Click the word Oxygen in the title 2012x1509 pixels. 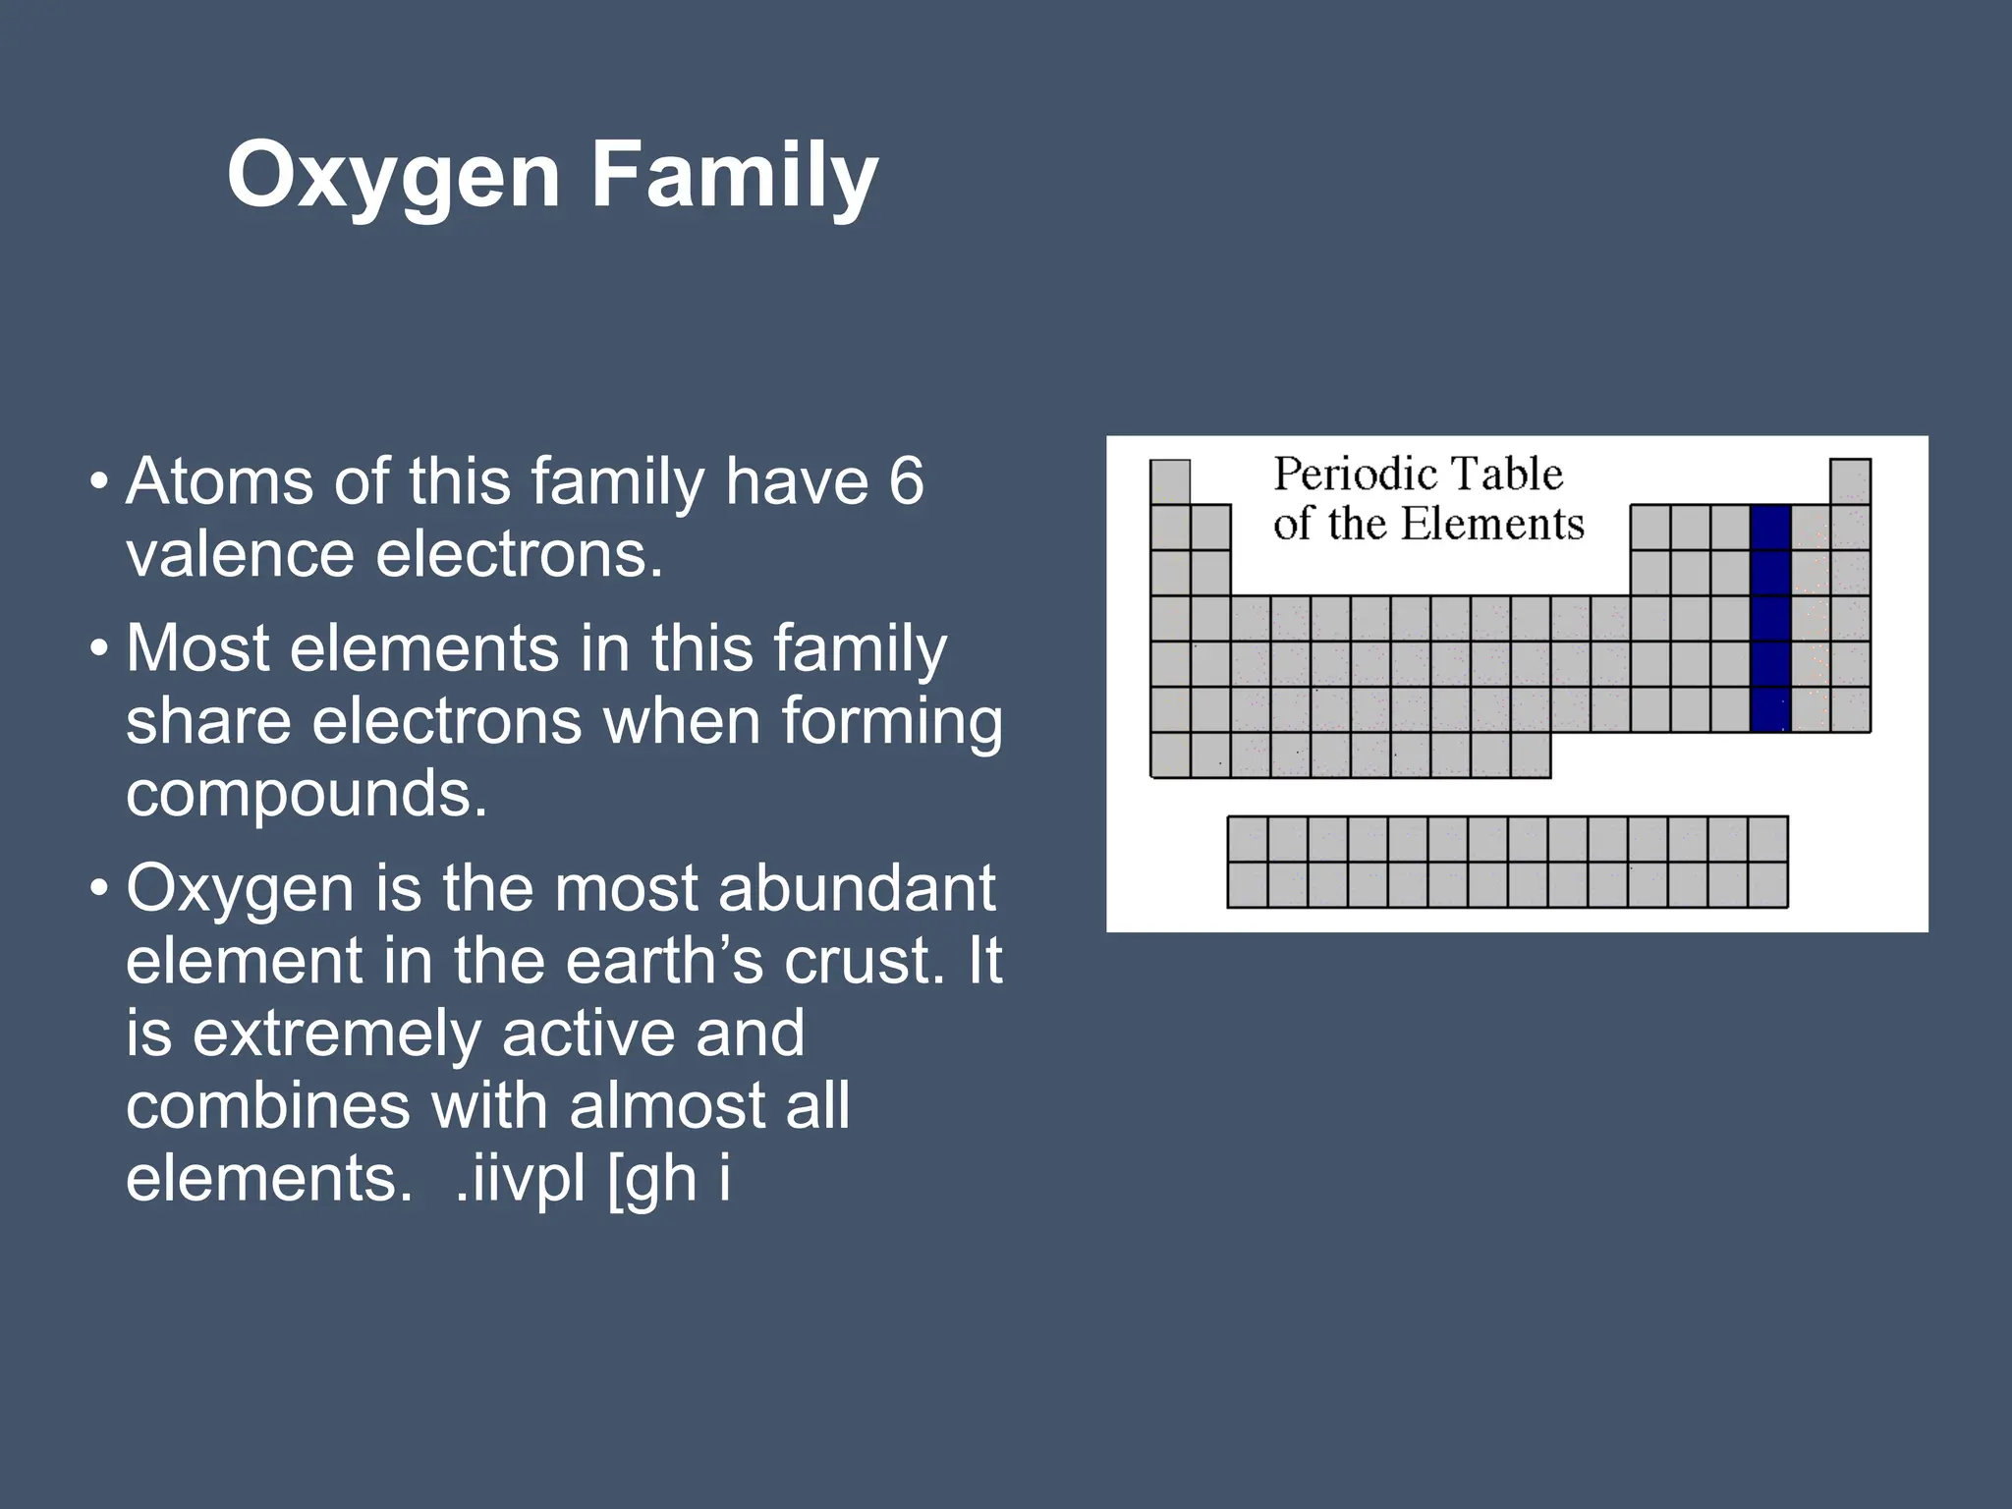coord(393,177)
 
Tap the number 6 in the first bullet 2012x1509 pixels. coord(906,481)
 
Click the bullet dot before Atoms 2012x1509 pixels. coord(98,483)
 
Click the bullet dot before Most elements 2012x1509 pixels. coord(98,649)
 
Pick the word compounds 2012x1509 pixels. coord(307,794)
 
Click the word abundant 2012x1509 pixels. coord(857,888)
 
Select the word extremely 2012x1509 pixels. coord(336,1034)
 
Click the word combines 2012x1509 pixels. coord(267,1106)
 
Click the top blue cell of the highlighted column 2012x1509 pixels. coord(1770,528)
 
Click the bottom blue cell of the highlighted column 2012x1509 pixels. coord(1770,709)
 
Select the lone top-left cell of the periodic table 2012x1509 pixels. coord(1170,481)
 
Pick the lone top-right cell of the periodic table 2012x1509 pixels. coord(1850,481)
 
